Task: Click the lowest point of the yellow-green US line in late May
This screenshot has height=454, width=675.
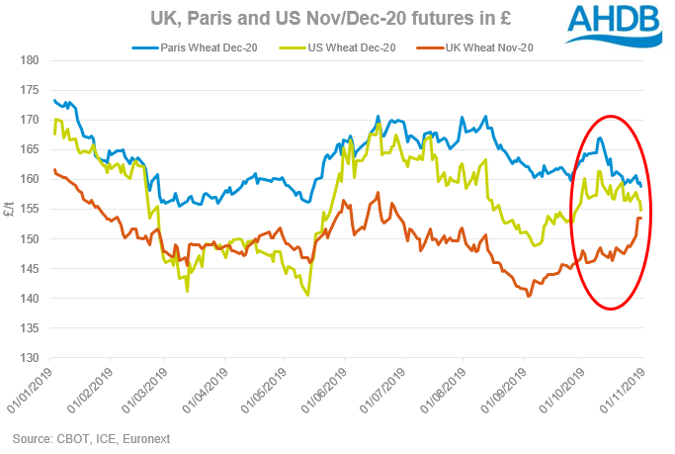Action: click(x=308, y=295)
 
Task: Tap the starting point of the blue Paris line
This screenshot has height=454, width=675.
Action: click(x=53, y=100)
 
